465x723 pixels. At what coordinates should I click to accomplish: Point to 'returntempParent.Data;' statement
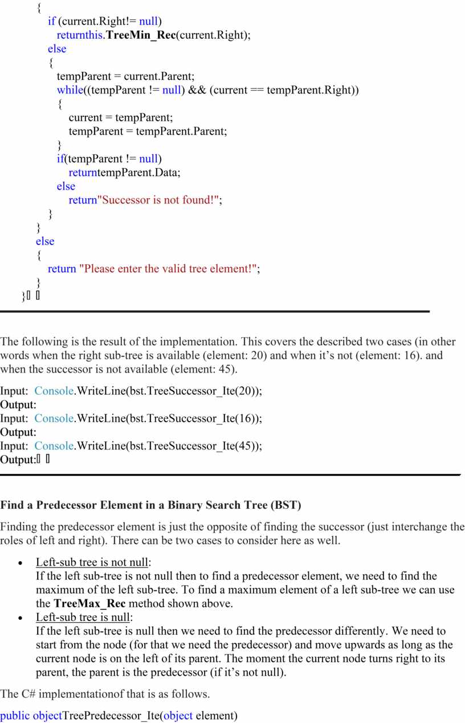click(x=124, y=172)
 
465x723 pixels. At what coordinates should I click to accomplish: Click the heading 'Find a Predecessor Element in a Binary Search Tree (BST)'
click(x=150, y=505)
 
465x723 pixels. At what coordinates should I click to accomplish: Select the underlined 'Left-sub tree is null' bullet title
click(x=84, y=617)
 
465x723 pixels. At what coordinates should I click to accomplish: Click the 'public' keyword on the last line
click(x=15, y=715)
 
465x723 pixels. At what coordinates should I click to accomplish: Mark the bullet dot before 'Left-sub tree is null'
click(x=21, y=618)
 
